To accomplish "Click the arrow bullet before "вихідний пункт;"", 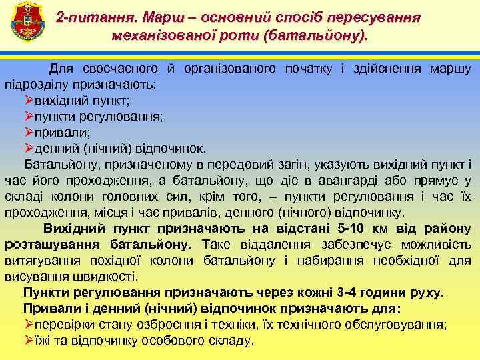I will click(x=29, y=100).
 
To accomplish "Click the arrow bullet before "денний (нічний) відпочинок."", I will click(x=29, y=148).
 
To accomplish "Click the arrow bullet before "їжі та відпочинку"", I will click(x=29, y=341).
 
